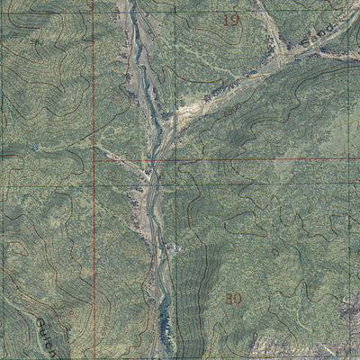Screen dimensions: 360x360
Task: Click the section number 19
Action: pyautogui.click(x=232, y=19)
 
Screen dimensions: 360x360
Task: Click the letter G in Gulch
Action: pyautogui.click(x=41, y=321)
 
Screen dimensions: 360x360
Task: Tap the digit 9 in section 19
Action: pyautogui.click(x=237, y=19)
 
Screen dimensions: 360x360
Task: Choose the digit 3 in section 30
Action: pyautogui.click(x=229, y=298)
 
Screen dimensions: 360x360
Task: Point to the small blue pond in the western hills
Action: pyautogui.click(x=33, y=147)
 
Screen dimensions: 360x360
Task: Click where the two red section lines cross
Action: pyautogui.click(x=94, y=163)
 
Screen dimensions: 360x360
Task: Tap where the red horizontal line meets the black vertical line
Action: pyautogui.click(x=175, y=162)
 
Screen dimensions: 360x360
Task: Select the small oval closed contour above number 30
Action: pyautogui.click(x=275, y=253)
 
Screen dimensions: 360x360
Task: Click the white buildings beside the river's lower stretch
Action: pyautogui.click(x=171, y=248)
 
